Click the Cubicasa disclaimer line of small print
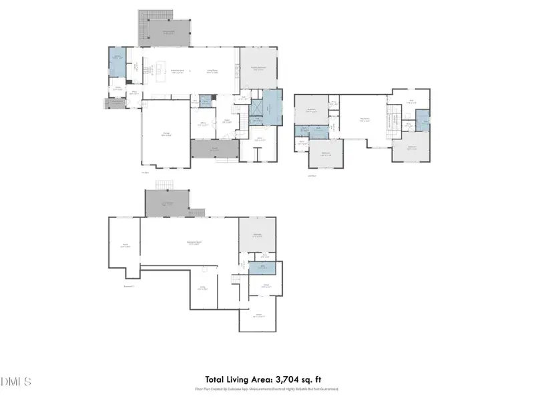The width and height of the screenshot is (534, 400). [x=266, y=389]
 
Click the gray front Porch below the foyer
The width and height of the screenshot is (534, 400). [x=214, y=150]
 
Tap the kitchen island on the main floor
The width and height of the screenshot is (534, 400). [x=160, y=69]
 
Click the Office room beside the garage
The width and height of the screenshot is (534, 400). [x=204, y=124]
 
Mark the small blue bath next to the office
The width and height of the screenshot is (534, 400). [x=206, y=101]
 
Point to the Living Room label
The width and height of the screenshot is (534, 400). [x=214, y=71]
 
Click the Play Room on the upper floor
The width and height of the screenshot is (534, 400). [x=364, y=120]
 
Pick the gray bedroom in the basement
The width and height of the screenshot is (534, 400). [x=257, y=234]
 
